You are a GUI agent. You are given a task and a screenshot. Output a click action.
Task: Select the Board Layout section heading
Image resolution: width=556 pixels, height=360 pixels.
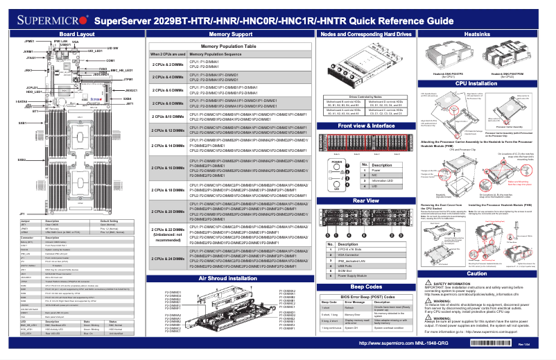[77, 33]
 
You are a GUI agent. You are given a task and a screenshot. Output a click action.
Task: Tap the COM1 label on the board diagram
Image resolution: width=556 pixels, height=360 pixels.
[110, 60]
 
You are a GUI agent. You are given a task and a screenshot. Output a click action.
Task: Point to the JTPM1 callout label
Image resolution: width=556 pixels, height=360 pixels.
[128, 80]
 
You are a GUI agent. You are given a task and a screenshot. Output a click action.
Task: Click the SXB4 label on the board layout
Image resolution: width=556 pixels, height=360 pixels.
[127, 98]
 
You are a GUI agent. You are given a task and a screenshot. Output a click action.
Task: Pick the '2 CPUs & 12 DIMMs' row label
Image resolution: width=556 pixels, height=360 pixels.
[168, 130]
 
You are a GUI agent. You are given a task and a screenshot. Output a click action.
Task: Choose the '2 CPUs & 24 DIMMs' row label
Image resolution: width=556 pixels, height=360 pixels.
[168, 258]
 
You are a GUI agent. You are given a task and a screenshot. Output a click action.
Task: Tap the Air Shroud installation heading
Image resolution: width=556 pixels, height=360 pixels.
[230, 277]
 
